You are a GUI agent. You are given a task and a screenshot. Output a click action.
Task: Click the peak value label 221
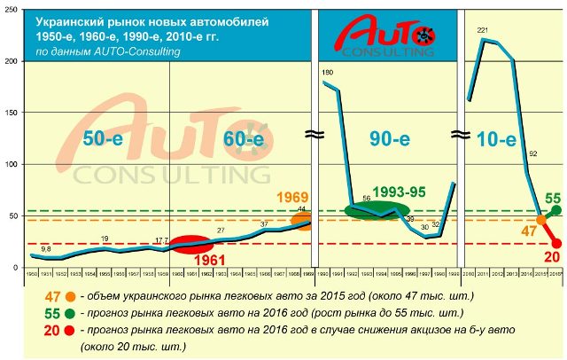point(482,31)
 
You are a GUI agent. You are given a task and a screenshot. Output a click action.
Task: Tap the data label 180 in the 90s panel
point(327,72)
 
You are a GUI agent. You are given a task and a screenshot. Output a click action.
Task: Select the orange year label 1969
point(291,196)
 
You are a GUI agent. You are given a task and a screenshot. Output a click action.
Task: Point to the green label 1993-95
point(400,192)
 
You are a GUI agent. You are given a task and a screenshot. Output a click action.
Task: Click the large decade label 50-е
point(104,138)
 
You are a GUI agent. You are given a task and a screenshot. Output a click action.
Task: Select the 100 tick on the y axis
point(12,165)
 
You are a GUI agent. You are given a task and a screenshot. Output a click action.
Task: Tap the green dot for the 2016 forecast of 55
point(556,210)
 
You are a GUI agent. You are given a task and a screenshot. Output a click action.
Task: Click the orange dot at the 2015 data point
point(541,220)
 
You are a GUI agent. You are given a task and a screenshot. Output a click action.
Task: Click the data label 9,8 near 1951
point(45,249)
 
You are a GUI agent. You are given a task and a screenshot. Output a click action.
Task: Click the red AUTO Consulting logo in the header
point(384,35)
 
